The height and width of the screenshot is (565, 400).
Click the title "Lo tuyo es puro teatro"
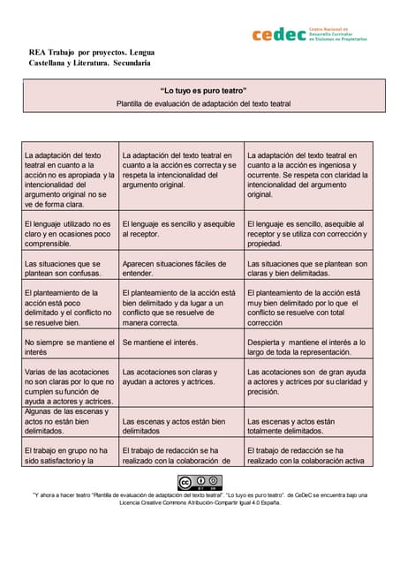click(x=202, y=91)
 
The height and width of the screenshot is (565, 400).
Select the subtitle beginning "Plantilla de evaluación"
click(x=202, y=103)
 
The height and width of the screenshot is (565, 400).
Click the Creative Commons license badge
click(x=200, y=482)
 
